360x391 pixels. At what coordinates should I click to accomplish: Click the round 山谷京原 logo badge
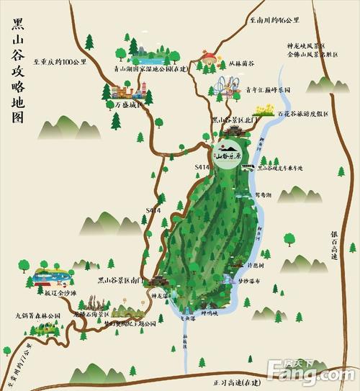click(x=230, y=153)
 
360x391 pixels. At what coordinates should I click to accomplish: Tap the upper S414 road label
click(x=202, y=167)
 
